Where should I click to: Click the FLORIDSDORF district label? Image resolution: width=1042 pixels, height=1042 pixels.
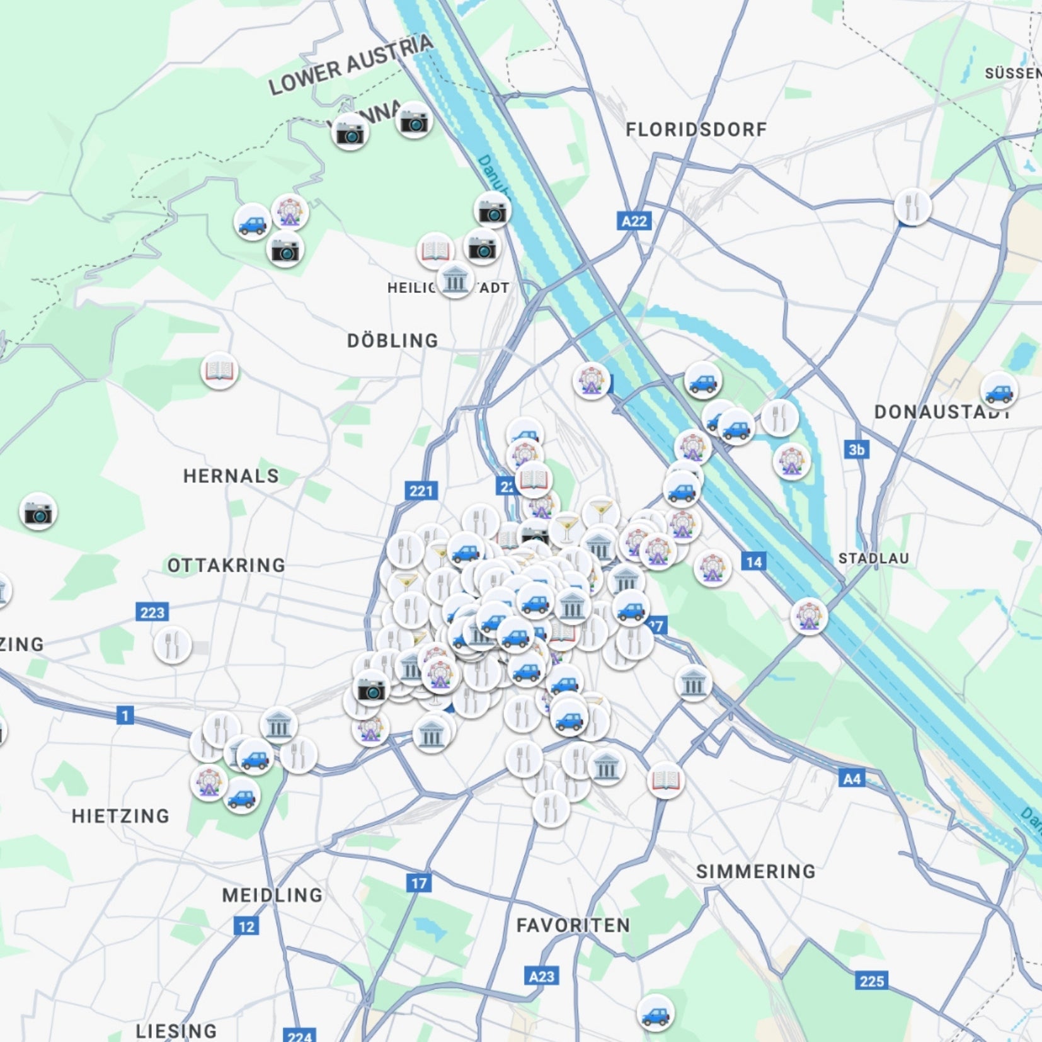pos(696,130)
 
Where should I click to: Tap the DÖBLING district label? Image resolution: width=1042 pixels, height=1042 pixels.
pos(392,341)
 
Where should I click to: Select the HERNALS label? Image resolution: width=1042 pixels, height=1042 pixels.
pos(231,476)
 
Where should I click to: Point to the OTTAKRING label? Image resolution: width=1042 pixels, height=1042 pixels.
pos(226,565)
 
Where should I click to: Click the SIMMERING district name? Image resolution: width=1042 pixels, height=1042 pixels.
pos(755,871)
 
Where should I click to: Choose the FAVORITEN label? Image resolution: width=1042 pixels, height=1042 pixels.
pos(573,925)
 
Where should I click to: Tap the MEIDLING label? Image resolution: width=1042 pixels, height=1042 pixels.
pos(272,895)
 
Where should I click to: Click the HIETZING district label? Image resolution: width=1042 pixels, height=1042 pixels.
pos(120,816)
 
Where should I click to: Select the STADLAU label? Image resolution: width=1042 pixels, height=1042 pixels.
pos(873,558)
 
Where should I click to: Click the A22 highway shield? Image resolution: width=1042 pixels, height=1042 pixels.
pos(633,221)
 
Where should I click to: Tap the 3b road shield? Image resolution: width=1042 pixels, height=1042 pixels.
pos(856,449)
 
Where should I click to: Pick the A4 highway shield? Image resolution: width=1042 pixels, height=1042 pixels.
pos(851,779)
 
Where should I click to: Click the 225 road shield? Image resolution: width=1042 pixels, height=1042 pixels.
pos(872,981)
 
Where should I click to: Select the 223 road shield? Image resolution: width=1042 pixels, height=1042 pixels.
pos(152,612)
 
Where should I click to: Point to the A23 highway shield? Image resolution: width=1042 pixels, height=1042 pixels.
pos(541,976)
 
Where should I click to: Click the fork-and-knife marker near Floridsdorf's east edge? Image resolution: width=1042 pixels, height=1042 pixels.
pos(912,207)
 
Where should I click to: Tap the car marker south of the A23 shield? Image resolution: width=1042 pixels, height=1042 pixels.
pos(655,1012)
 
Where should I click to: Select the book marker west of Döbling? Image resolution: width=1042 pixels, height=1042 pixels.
pos(219,371)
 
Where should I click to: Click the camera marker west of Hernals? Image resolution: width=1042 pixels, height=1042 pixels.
pos(38,512)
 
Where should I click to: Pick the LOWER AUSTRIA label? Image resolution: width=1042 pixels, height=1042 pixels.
pos(350,64)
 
